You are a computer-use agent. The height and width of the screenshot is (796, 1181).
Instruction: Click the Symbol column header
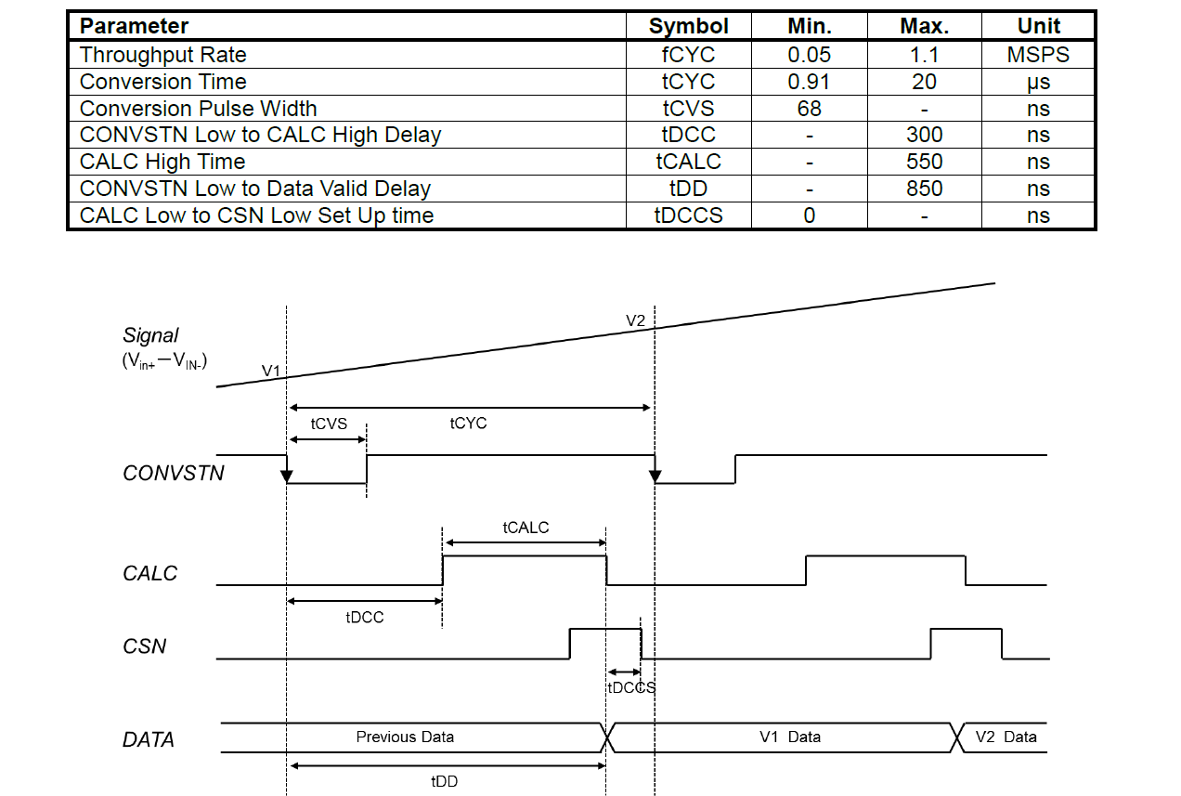(x=688, y=26)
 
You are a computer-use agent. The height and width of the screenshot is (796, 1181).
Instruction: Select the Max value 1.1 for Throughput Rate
(x=923, y=55)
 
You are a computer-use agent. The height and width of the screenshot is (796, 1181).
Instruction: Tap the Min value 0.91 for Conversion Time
(x=809, y=82)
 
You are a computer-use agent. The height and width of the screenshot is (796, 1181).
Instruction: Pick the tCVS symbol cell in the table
(x=688, y=109)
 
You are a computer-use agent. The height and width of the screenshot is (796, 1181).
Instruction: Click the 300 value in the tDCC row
(x=923, y=135)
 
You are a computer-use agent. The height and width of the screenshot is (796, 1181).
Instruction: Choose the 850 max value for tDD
(x=923, y=189)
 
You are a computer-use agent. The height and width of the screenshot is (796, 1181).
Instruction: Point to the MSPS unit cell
(x=1038, y=55)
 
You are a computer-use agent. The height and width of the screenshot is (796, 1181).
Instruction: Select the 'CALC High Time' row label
(x=162, y=162)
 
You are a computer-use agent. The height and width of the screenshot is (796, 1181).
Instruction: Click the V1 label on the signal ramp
(x=270, y=371)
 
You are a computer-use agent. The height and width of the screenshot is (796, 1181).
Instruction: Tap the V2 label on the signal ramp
(x=635, y=320)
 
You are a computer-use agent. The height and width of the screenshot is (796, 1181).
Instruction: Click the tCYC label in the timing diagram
(x=468, y=424)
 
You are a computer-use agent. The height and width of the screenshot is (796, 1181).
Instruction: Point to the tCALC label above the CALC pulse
(x=526, y=528)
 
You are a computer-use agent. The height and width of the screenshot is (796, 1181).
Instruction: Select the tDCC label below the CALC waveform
(x=364, y=618)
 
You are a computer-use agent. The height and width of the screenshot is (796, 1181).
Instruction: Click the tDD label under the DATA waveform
(x=444, y=782)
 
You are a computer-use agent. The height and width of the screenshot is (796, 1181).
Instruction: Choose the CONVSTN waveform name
(x=174, y=474)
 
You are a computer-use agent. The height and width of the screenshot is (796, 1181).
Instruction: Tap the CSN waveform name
(x=145, y=646)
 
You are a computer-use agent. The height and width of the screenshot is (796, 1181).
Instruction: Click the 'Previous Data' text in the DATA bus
(x=405, y=737)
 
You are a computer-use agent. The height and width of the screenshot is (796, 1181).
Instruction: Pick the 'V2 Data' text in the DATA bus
(x=1006, y=737)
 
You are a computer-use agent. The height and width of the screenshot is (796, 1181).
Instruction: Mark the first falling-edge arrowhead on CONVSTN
(x=287, y=476)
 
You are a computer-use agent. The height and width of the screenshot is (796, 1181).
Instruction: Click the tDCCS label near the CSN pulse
(x=631, y=688)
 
